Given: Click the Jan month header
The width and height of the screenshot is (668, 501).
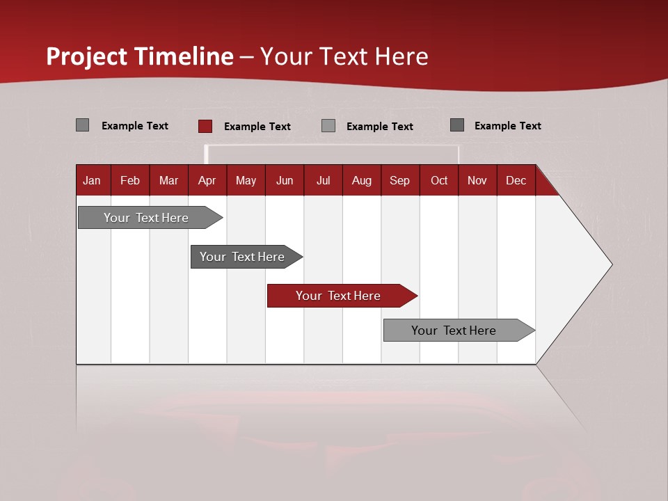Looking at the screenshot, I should [92, 181].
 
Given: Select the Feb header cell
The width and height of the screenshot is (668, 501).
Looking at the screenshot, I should [130, 181].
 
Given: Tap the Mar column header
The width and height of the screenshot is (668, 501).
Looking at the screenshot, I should [168, 181].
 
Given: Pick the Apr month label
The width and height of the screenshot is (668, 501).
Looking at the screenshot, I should [207, 181].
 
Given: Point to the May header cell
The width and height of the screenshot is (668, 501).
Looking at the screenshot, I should [246, 181].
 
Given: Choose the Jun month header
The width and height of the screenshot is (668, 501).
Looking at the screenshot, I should [285, 181].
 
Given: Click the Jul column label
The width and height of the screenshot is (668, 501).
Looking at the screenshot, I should [323, 181].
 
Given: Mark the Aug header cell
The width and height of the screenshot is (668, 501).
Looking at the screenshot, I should [362, 181].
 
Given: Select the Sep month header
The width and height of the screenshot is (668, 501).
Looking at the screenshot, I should [399, 181].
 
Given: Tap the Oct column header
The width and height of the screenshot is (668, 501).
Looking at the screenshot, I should [439, 181].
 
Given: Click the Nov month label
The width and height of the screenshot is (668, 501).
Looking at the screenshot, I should [477, 181].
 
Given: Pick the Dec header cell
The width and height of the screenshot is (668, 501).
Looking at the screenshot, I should [516, 181].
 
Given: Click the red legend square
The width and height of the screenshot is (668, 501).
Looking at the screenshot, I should [205, 126].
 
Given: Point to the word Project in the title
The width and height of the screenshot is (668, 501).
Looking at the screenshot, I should [87, 56].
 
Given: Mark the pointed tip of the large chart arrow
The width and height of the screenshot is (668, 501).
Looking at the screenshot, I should [611, 264].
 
